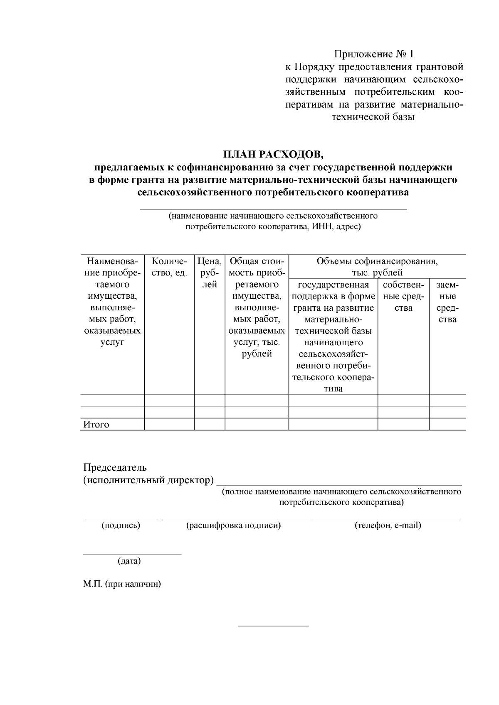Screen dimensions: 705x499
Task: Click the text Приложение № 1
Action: tap(374, 54)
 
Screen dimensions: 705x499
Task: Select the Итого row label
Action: tap(96, 425)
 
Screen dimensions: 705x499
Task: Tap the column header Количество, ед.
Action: tap(169, 267)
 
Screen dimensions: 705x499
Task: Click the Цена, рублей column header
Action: tap(210, 273)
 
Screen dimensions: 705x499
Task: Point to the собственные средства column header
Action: tap(403, 296)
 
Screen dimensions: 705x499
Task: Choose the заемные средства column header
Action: tap(447, 302)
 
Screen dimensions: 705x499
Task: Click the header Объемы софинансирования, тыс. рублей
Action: tap(377, 267)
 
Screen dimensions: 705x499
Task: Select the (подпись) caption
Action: tap(121, 525)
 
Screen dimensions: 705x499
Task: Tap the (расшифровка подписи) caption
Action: tap(234, 525)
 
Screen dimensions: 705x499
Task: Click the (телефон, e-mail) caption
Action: tap(388, 525)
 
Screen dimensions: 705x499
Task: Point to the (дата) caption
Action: tap(129, 561)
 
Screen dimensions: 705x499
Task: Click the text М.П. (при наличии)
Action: tap(122, 584)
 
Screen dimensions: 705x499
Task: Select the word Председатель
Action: tap(115, 467)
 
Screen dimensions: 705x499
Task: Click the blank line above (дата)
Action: tap(132, 554)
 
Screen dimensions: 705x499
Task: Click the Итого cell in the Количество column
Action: tap(169, 424)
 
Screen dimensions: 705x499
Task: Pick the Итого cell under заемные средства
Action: tap(447, 424)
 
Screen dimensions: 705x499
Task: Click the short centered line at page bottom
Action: tap(273, 626)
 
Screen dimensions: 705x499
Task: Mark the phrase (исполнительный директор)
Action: tap(148, 480)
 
